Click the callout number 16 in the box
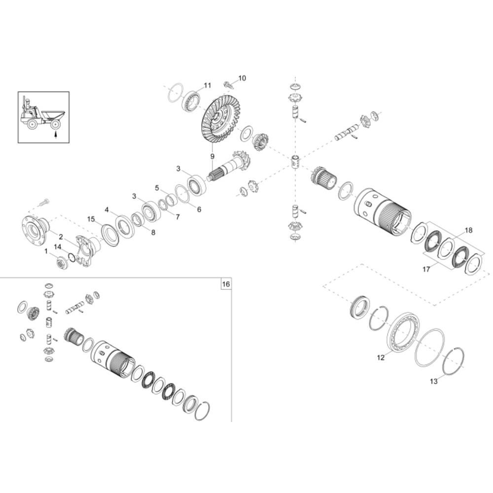point(226,284)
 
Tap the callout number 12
point(381,358)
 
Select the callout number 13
point(433,381)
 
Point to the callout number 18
point(468,230)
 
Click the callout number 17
point(427,269)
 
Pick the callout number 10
point(242,78)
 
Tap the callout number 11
point(208,85)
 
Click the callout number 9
point(212,156)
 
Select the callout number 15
point(91,219)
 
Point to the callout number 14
point(58,246)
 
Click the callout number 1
point(46,251)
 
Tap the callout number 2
point(61,236)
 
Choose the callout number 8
point(153,232)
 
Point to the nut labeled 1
point(63,264)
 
